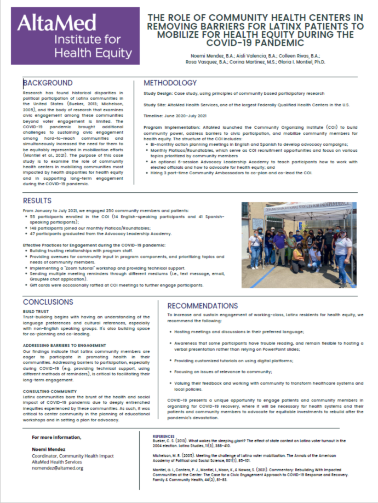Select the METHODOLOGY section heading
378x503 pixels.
[x=170, y=83]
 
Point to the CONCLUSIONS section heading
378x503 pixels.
[x=48, y=302]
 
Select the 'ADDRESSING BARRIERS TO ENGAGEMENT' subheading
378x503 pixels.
[x=64, y=345]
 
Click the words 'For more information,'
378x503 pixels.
[x=56, y=437]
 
